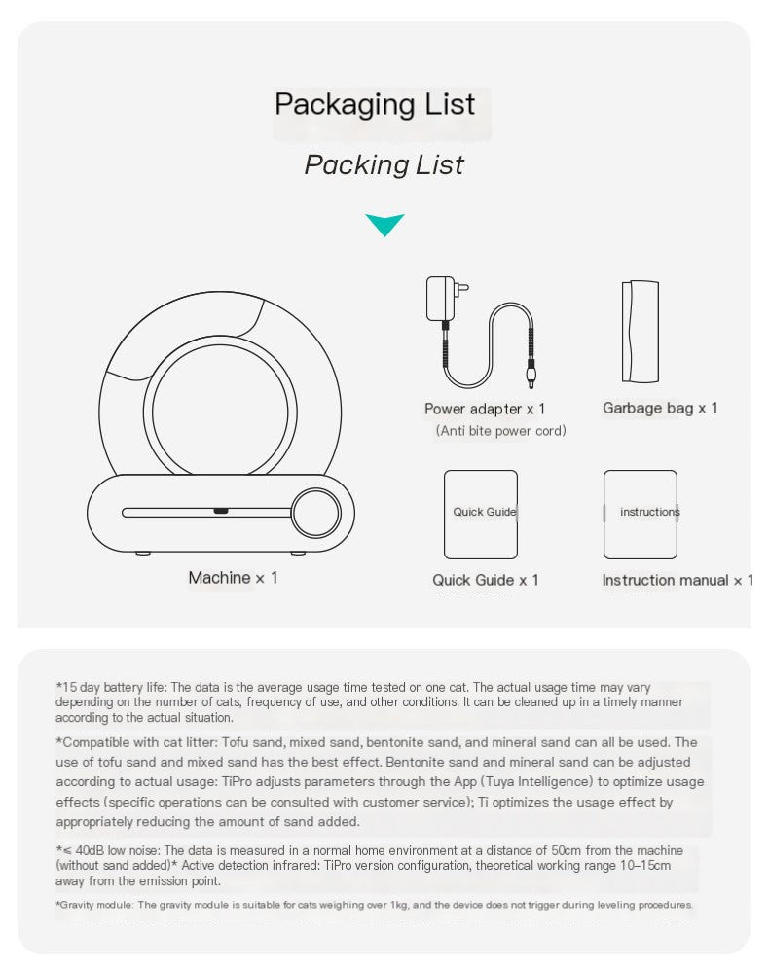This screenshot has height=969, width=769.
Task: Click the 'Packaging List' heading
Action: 375,104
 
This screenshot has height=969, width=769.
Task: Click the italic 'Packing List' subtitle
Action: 384,164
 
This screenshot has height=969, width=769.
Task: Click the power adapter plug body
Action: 441,299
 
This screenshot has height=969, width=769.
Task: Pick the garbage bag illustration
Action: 641,332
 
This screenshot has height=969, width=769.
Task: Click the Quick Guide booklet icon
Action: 481,514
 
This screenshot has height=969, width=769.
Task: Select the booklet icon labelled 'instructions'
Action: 641,514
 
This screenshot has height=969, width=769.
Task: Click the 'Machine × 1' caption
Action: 233,578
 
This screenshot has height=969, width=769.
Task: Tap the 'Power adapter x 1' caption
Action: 485,409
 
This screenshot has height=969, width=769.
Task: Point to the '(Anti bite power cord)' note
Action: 500,430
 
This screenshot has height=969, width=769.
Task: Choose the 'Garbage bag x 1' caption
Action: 660,408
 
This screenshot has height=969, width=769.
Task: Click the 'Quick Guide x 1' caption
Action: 485,580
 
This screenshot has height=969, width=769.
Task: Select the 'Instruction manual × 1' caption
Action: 677,580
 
